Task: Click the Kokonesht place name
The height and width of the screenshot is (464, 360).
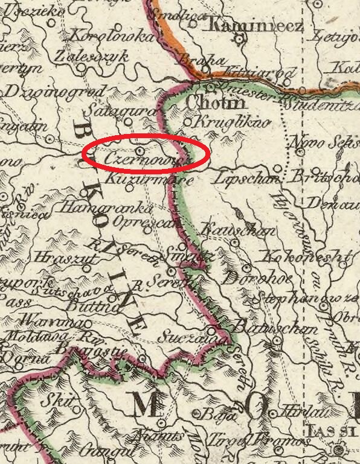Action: (x=306, y=257)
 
